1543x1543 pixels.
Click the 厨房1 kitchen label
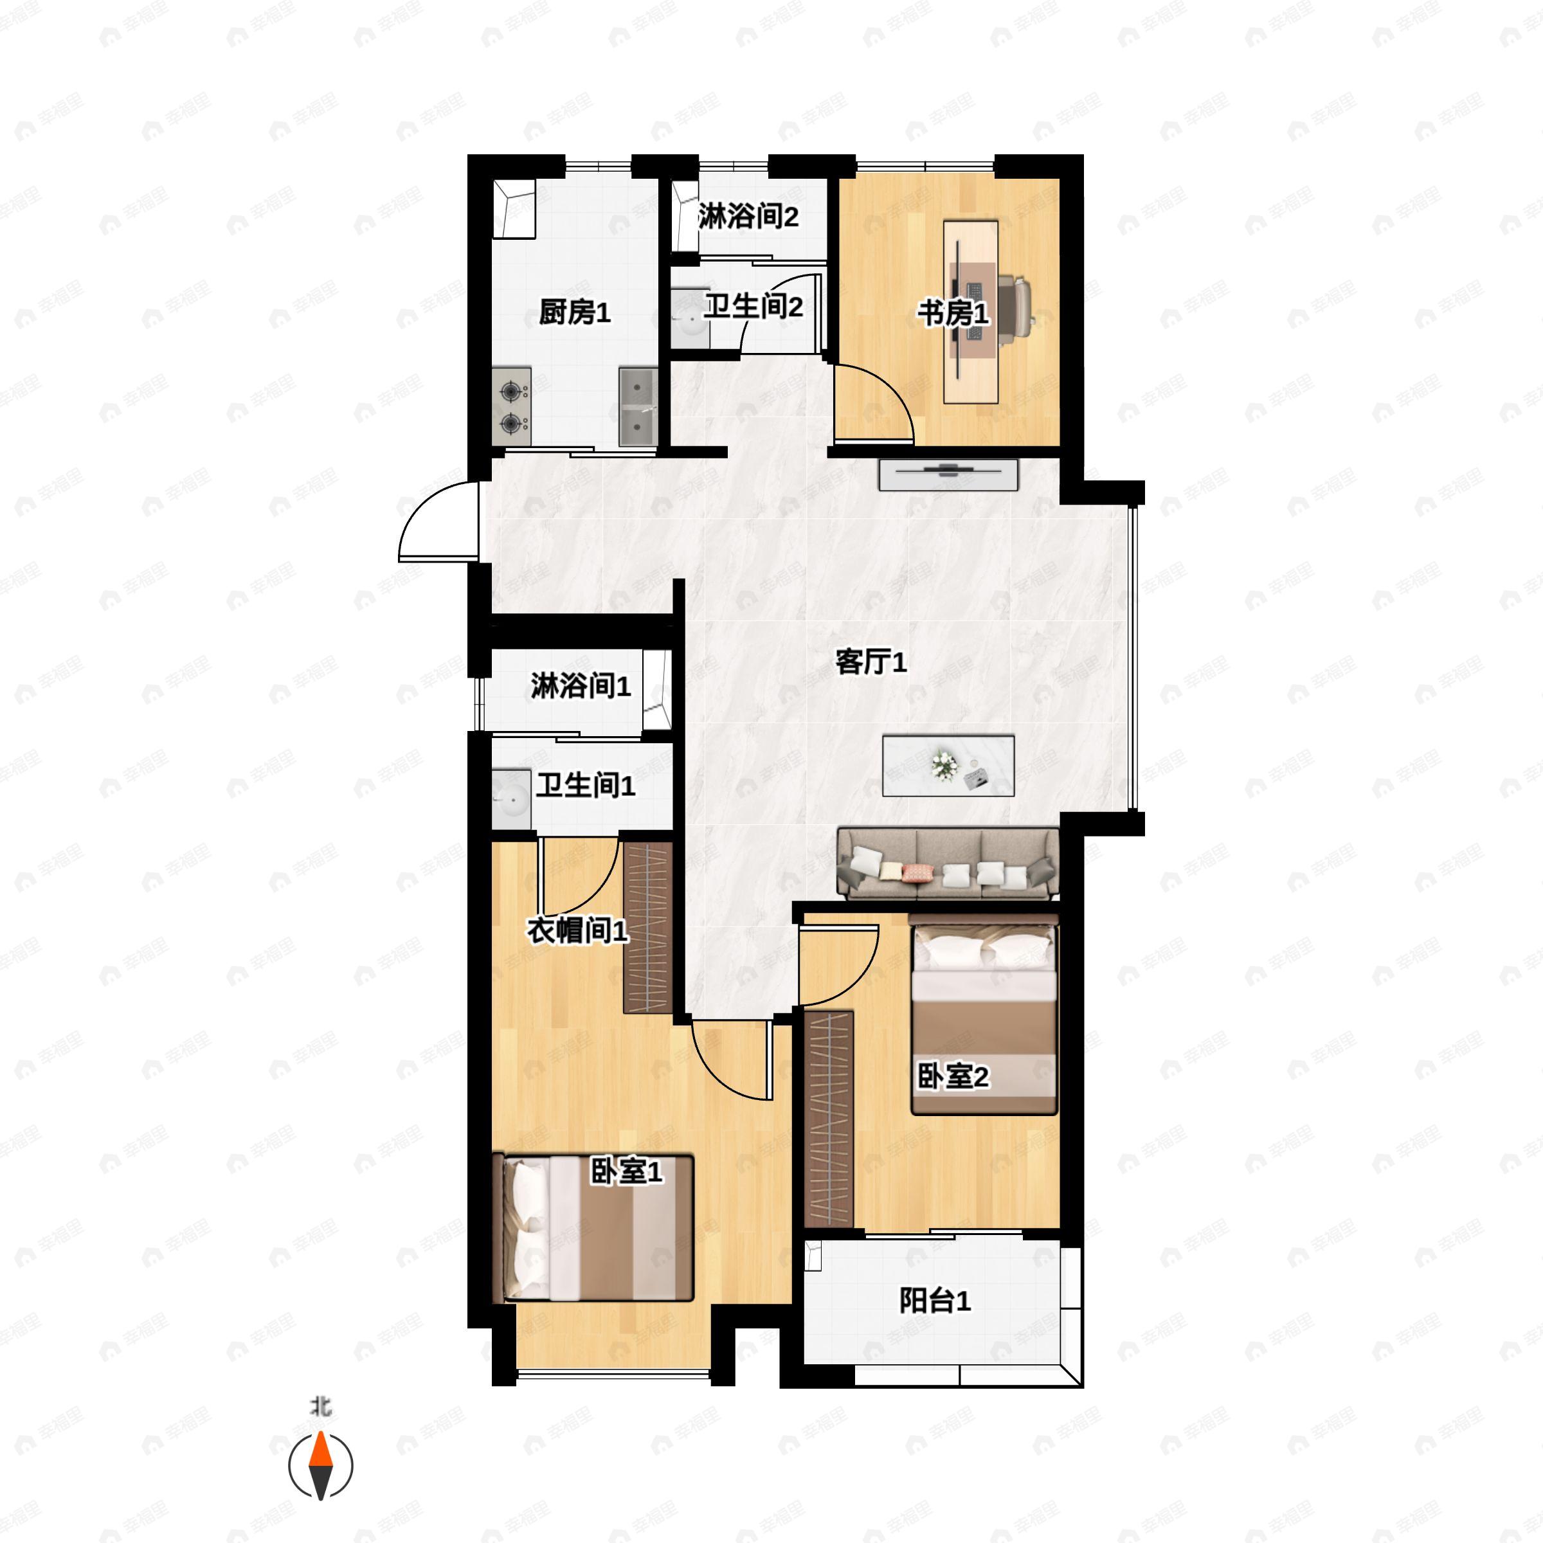574,312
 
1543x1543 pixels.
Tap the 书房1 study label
952,314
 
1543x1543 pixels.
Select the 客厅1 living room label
871,662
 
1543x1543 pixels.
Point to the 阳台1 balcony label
935,1301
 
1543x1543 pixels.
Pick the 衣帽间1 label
577,930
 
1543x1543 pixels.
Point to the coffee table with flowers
948,766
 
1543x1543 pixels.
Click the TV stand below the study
949,474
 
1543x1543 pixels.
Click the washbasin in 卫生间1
511,799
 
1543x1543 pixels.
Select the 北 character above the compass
321,1407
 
